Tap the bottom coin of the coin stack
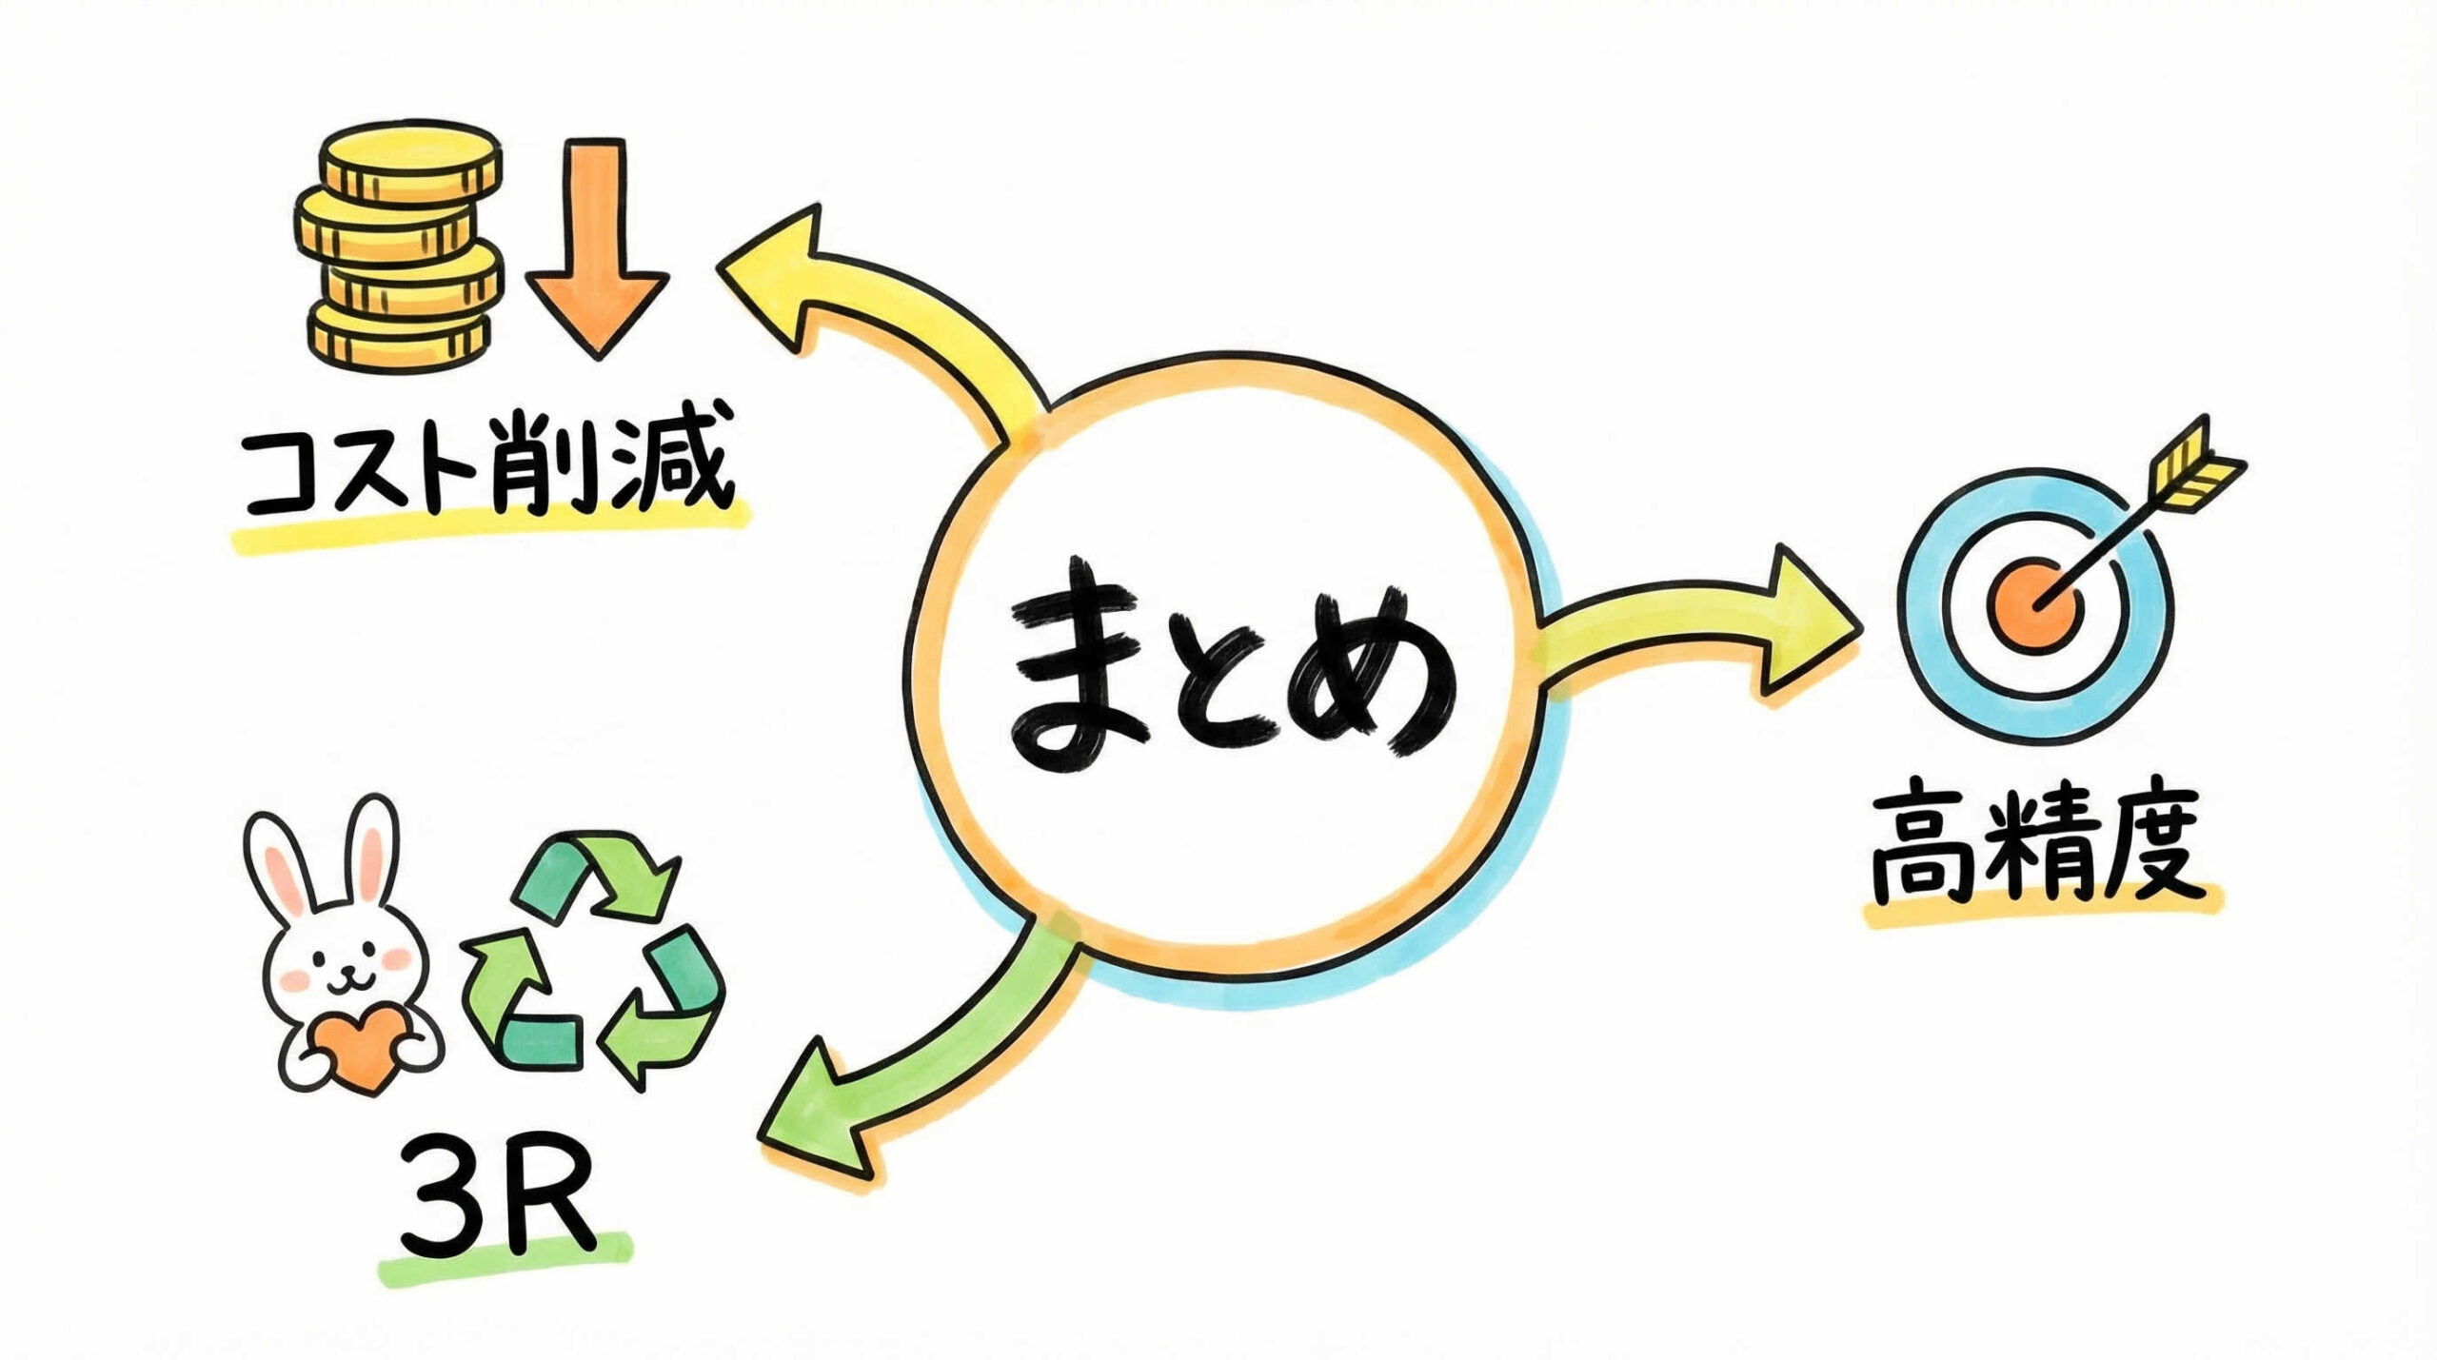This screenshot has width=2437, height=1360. click(x=400, y=339)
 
